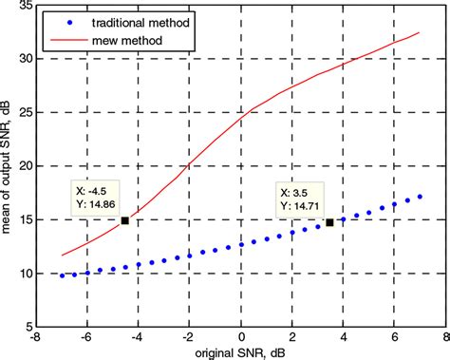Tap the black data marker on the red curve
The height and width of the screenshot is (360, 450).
[x=125, y=220]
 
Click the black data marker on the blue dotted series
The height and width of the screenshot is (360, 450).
[x=329, y=222]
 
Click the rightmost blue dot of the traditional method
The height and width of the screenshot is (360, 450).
[x=420, y=197]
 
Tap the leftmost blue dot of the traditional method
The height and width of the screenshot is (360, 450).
[x=62, y=275]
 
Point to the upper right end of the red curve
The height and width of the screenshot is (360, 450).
[x=420, y=33]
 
